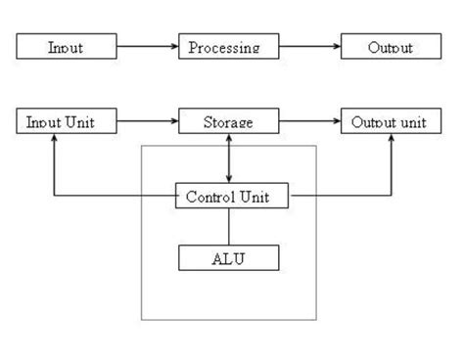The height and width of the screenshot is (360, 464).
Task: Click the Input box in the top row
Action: click(x=66, y=47)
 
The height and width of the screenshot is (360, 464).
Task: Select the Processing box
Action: click(x=228, y=47)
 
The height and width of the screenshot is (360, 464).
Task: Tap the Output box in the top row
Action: click(x=390, y=47)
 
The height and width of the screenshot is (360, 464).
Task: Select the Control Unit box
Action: click(x=235, y=197)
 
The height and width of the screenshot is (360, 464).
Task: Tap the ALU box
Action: click(x=228, y=258)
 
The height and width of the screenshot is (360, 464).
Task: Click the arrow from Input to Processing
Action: click(x=147, y=47)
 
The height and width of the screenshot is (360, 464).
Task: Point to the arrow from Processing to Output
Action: click(x=308, y=47)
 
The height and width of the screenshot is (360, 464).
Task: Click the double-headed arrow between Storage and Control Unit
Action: click(x=229, y=158)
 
